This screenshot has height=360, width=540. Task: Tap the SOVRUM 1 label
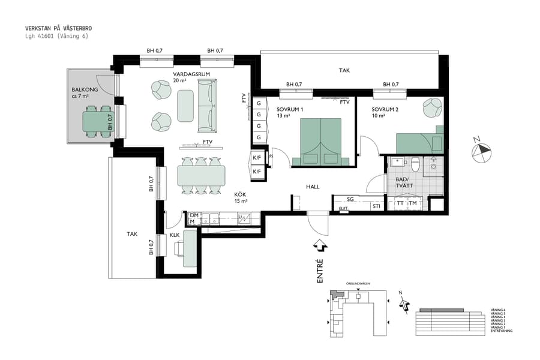click(x=290, y=110)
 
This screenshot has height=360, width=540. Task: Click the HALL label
click(x=313, y=187)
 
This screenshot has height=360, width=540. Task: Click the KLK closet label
click(x=175, y=235)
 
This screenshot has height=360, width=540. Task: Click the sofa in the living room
click(x=206, y=107)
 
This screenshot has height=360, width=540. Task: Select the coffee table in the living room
click(x=185, y=106)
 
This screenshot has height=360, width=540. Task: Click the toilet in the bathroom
click(x=414, y=162)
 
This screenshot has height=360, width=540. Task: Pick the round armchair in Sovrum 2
click(x=432, y=108)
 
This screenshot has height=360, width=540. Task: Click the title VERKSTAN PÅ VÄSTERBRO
click(x=59, y=28)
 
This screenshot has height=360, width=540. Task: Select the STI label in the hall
click(x=376, y=206)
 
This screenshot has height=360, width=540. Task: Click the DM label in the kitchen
click(x=194, y=215)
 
